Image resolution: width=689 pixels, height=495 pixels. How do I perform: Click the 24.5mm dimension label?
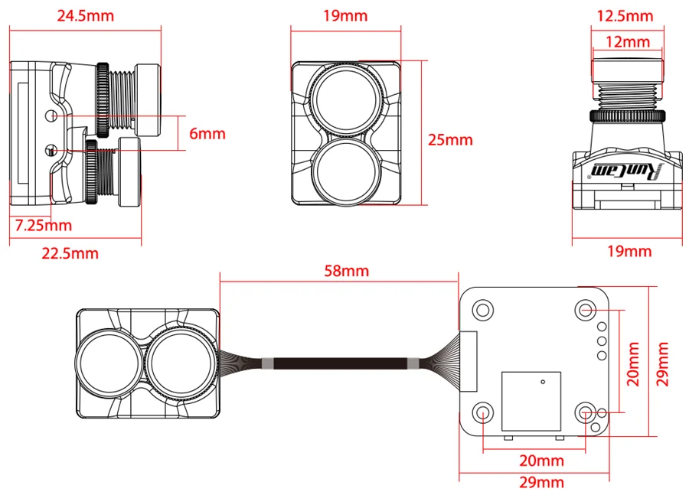pos(85,16)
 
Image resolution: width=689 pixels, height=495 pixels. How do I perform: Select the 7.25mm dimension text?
pos(43,226)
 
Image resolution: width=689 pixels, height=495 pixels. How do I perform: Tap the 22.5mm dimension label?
pos(70,253)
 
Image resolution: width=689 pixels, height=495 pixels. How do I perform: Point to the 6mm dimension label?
pos(207,134)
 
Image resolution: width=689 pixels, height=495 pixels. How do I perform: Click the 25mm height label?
pos(450,140)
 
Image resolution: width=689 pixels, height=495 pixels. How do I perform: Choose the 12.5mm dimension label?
pos(625,16)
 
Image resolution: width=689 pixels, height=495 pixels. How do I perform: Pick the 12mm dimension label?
pos(628,42)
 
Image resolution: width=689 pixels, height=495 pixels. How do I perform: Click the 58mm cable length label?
pos(346,271)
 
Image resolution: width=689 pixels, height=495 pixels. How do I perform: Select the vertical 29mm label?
pos(661,364)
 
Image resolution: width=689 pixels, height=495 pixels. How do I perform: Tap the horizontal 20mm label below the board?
pos(541,461)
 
